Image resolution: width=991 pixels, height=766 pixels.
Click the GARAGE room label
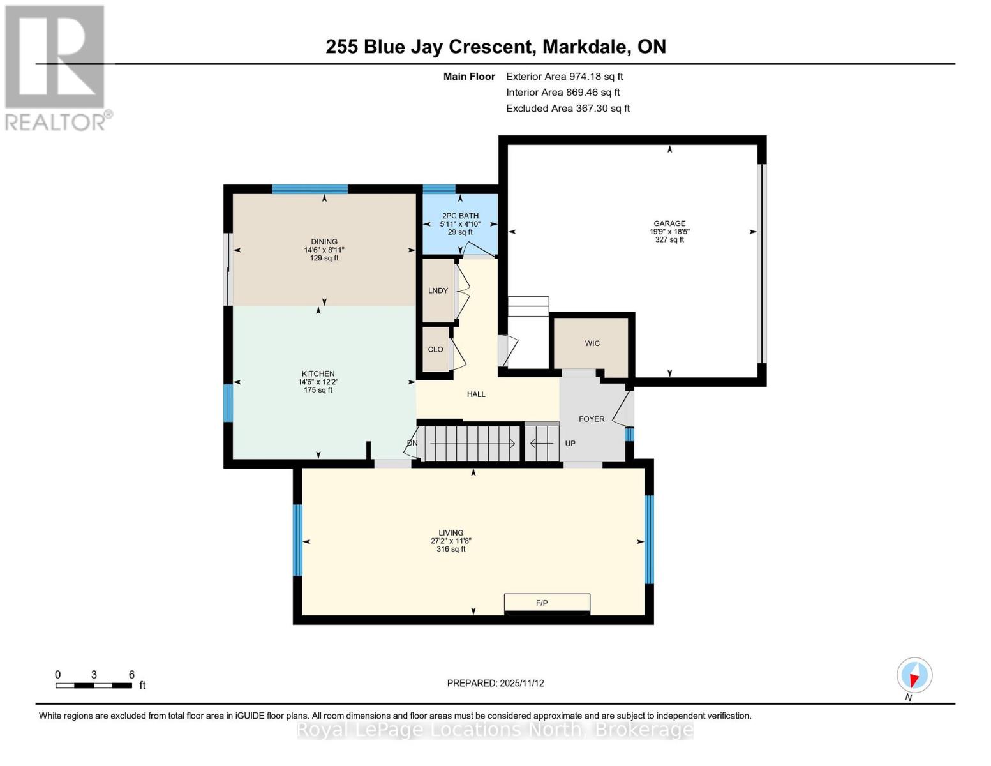click(x=669, y=223)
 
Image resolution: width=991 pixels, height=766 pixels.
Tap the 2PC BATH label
click(x=460, y=216)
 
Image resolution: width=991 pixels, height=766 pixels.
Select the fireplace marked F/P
click(x=547, y=603)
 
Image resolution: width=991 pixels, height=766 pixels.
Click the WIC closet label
click(x=592, y=343)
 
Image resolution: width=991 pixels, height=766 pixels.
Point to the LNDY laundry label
click(x=438, y=290)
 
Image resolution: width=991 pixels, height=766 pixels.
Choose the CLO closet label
click(x=435, y=349)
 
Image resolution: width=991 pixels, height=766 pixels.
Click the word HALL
click(x=476, y=394)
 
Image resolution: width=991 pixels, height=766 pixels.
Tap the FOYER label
click(x=592, y=419)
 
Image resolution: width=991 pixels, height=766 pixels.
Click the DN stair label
click(x=412, y=443)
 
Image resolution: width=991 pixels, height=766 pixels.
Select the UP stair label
click(x=570, y=443)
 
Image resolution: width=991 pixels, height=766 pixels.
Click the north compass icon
click(x=914, y=675)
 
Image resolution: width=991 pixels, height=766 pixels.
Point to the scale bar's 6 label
click(x=131, y=675)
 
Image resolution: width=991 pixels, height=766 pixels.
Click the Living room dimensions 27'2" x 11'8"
click(x=451, y=541)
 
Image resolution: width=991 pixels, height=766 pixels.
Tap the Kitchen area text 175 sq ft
click(x=318, y=390)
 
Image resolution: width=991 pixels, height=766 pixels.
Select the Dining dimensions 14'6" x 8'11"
click(x=324, y=250)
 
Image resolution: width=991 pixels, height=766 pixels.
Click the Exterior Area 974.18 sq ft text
click(x=564, y=77)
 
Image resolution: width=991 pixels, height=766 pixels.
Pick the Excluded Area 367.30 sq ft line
click(x=567, y=109)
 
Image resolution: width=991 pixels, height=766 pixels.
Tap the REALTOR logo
click(x=56, y=68)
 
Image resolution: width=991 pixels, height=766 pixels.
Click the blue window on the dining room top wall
click(x=309, y=189)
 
